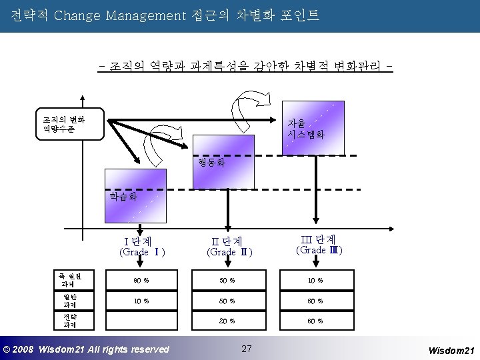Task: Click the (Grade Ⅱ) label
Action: click(228, 252)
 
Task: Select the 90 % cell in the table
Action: click(139, 280)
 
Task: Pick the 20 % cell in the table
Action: click(227, 321)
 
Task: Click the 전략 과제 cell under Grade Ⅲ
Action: click(316, 321)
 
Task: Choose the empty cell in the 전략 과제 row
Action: click(139, 321)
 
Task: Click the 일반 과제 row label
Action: click(69, 301)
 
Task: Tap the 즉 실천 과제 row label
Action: click(69, 279)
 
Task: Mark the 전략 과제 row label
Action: click(69, 321)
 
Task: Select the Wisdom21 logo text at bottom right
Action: click(450, 349)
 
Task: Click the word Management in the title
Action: click(136, 14)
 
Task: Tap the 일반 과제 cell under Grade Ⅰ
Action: click(139, 301)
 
